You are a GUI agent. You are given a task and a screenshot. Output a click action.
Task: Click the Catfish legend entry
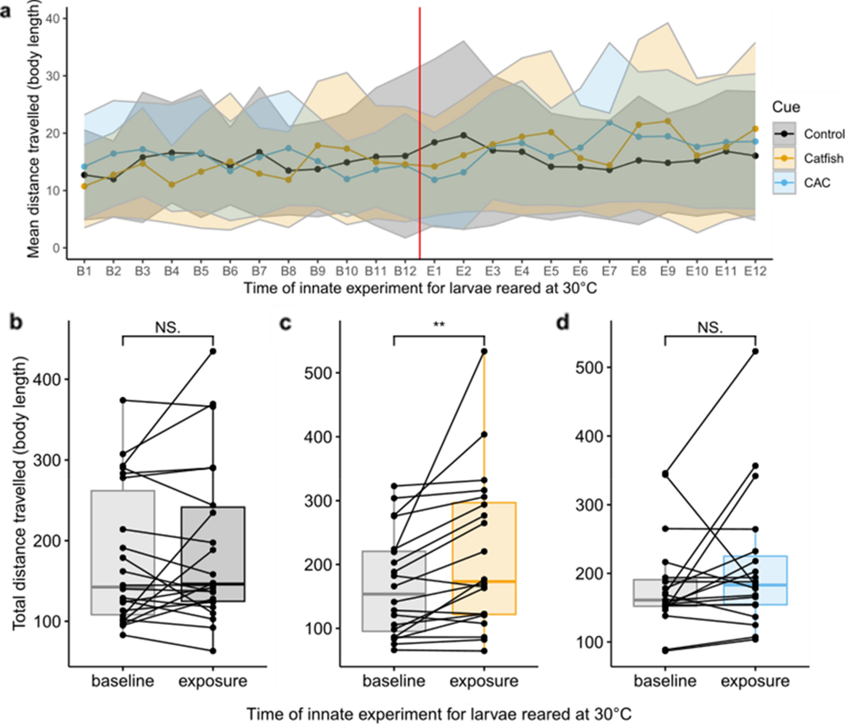coord(823,158)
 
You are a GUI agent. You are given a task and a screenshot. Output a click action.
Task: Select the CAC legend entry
coord(816,183)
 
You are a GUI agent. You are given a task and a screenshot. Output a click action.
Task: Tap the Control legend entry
coord(824,134)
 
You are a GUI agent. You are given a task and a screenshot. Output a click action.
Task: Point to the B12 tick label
coord(405,272)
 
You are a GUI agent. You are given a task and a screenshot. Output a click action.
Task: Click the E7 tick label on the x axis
coord(609,272)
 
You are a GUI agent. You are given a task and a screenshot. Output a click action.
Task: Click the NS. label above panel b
coord(168,327)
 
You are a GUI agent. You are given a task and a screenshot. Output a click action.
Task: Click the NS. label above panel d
coord(710,327)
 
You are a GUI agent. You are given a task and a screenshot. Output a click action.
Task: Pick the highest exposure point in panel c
coord(484,351)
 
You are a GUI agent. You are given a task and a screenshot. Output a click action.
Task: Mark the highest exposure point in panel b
coord(213,351)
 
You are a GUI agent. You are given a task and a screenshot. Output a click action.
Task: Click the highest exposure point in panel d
coord(755,351)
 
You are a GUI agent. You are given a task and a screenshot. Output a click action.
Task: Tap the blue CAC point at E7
coord(609,123)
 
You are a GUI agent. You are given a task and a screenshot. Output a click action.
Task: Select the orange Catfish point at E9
coord(668,121)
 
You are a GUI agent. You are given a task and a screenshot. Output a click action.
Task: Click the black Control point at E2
coord(463,135)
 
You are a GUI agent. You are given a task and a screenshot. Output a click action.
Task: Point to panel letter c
coord(285,323)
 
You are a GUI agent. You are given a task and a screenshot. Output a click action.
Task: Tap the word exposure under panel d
coord(755,681)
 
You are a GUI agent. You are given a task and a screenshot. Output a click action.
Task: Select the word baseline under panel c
coord(394,681)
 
